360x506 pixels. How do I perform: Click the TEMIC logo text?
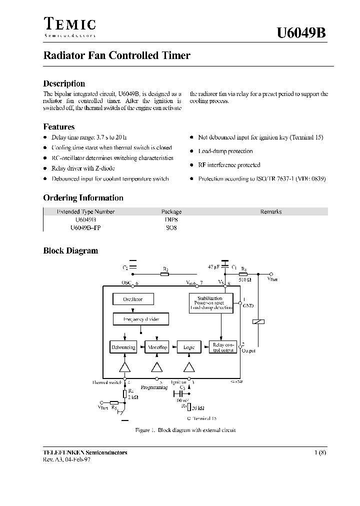(x=69, y=24)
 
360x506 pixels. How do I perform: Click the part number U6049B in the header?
(x=301, y=33)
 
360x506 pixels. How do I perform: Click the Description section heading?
(x=64, y=83)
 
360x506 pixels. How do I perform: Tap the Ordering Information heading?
(x=83, y=197)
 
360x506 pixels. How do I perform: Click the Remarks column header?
(x=271, y=211)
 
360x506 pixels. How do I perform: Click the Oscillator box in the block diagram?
(x=132, y=299)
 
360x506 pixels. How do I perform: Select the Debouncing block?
(x=123, y=347)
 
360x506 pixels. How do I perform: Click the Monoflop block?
(x=156, y=347)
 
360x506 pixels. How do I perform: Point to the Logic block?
(x=189, y=347)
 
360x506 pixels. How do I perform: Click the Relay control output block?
(x=223, y=347)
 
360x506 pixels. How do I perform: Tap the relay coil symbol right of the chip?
(x=258, y=322)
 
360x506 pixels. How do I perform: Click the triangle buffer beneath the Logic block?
(x=189, y=367)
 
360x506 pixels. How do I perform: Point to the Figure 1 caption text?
(x=185, y=430)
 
